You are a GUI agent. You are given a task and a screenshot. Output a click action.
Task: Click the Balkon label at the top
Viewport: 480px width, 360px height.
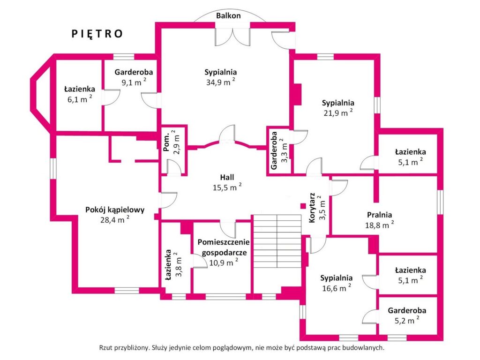[x=228, y=15]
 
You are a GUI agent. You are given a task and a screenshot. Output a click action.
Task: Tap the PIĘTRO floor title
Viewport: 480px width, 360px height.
[x=97, y=34]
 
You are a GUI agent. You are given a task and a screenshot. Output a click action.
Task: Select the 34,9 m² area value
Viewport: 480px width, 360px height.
[x=221, y=82]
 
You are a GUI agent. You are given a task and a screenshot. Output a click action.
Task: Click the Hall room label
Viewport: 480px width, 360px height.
[x=227, y=177]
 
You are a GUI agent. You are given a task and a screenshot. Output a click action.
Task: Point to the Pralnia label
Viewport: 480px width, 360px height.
[x=380, y=215]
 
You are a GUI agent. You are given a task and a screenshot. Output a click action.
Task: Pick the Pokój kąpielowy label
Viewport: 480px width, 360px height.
[x=115, y=210]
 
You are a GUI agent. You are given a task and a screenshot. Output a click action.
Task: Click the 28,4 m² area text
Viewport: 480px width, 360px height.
[x=115, y=219]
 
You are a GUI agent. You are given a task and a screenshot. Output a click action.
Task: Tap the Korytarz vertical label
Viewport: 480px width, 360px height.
[x=312, y=208]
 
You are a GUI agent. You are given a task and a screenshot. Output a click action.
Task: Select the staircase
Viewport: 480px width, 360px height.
[x=277, y=241]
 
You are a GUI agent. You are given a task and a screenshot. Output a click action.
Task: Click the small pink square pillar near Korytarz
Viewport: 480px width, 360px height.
[x=303, y=206]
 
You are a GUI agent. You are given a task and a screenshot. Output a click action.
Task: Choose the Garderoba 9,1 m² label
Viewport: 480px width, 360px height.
[x=134, y=77]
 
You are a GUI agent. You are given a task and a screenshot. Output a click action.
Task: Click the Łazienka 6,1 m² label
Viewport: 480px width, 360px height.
[x=80, y=94]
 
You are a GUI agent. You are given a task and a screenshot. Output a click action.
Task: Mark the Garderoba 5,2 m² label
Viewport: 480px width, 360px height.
[x=407, y=315]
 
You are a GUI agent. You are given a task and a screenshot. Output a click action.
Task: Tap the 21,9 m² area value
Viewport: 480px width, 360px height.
[x=338, y=112]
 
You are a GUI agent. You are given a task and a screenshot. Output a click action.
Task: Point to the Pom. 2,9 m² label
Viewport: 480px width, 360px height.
[x=171, y=142]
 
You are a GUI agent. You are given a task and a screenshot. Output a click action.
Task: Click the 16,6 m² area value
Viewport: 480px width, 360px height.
[x=337, y=288]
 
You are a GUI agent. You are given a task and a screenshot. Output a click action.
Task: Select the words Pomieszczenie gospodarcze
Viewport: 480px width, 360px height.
[x=224, y=247]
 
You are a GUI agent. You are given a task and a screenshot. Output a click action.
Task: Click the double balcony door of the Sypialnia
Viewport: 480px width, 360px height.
[x=232, y=37]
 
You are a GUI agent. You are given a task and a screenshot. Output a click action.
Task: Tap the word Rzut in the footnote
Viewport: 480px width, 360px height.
[x=105, y=348]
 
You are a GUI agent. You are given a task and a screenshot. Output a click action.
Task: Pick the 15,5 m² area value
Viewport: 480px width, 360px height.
[x=227, y=187]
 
